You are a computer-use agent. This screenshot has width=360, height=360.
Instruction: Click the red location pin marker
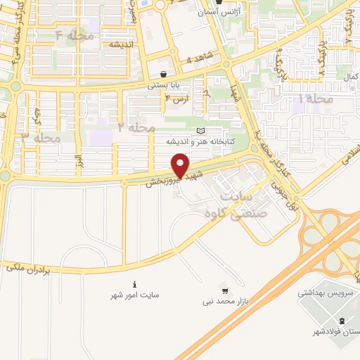click(x=181, y=165)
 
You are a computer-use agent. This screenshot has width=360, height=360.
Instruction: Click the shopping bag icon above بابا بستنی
click(x=164, y=73)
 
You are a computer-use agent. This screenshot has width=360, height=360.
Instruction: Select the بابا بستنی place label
click(x=164, y=85)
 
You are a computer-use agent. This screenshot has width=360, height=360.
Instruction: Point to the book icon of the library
click(x=202, y=131)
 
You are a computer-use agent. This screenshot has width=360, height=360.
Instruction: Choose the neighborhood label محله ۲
click(x=136, y=127)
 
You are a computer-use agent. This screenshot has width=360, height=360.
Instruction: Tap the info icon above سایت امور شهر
click(x=134, y=284)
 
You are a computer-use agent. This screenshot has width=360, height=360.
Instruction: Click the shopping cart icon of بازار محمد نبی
click(x=224, y=290)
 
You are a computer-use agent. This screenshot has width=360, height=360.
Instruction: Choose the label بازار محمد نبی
click(x=222, y=302)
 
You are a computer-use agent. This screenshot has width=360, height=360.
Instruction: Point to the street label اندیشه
click(x=122, y=44)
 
